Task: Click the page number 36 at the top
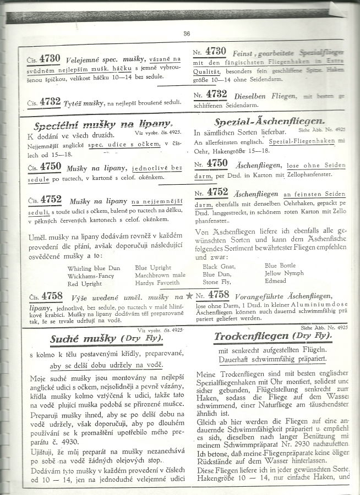click(x=187, y=34)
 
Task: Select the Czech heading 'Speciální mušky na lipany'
click(x=103, y=124)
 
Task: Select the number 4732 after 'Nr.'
click(x=216, y=94)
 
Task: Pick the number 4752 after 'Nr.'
click(x=217, y=192)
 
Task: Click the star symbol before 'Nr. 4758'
click(x=189, y=296)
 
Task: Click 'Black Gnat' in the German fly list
click(x=217, y=265)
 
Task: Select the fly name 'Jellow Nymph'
click(x=284, y=273)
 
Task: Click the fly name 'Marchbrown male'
click(x=160, y=276)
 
